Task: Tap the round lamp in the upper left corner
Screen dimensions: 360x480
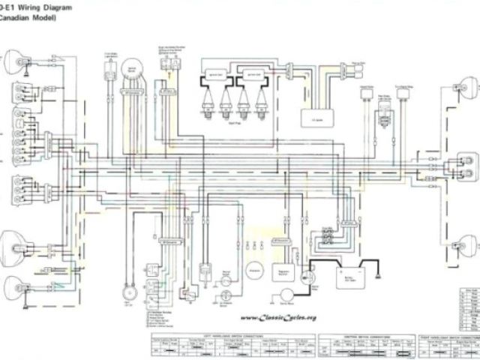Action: [x=14, y=60]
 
